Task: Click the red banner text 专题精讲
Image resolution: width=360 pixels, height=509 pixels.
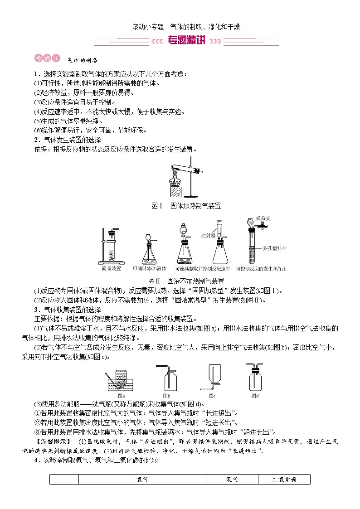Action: (186, 41)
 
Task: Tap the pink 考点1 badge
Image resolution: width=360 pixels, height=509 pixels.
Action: (47, 58)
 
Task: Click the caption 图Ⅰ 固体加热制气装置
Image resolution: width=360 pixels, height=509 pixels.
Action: (186, 206)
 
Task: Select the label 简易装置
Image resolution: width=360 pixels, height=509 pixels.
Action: (112, 268)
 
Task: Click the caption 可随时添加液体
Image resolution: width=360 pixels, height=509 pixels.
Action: (149, 268)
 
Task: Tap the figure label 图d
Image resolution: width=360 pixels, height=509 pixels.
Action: (255, 395)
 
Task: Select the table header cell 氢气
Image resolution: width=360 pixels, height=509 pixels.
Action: (232, 479)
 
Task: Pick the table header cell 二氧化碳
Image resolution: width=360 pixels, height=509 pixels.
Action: (284, 479)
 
